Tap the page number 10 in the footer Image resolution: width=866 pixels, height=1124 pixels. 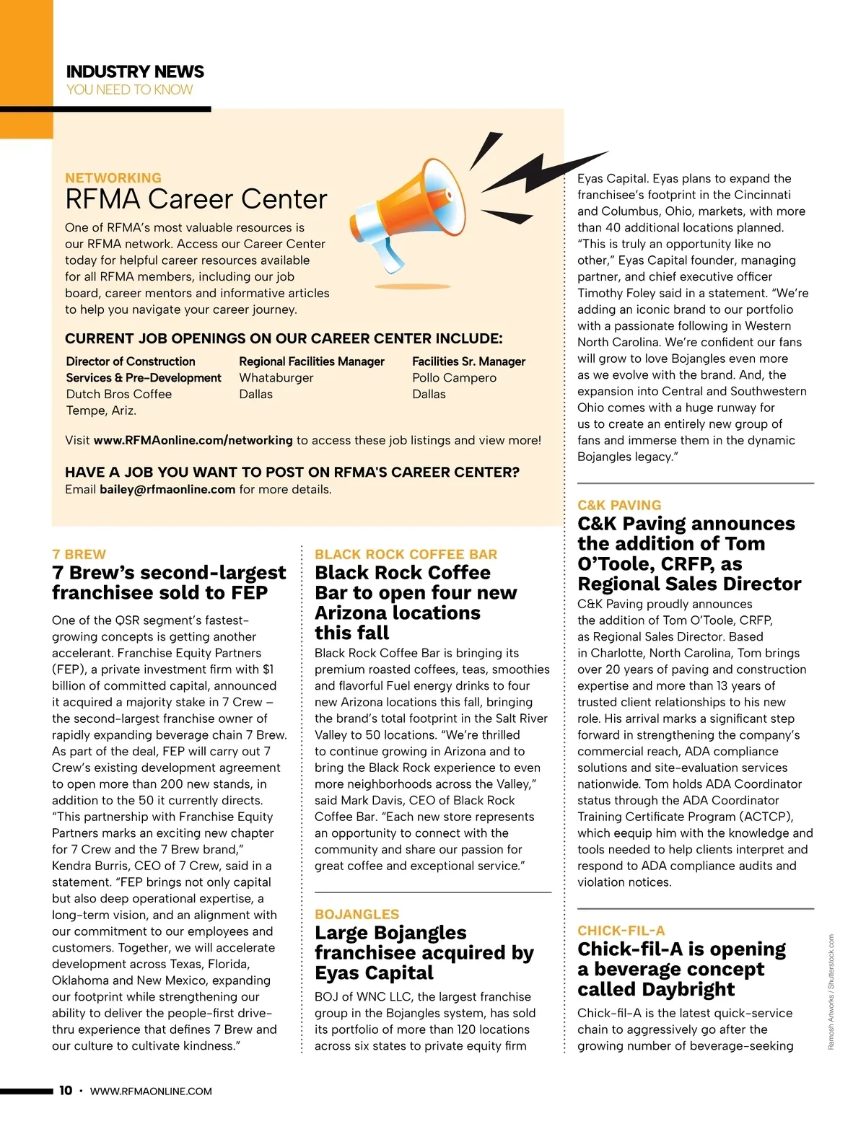pyautogui.click(x=66, y=1090)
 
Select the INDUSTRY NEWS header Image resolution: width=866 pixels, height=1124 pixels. pyautogui.click(x=135, y=71)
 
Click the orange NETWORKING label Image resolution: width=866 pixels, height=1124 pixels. pyautogui.click(x=113, y=177)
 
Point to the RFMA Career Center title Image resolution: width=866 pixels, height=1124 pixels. pyautogui.click(x=196, y=199)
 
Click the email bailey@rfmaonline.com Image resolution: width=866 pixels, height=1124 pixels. pyautogui.click(x=167, y=489)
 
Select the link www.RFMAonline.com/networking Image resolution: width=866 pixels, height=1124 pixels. pyautogui.click(x=193, y=440)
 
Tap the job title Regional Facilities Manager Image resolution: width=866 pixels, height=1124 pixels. pyautogui.click(x=312, y=361)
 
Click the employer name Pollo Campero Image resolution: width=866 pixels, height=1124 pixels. pyautogui.click(x=455, y=377)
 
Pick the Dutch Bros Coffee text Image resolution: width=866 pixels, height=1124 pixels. pyautogui.click(x=119, y=394)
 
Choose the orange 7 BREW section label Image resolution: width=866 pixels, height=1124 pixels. pyautogui.click(x=79, y=554)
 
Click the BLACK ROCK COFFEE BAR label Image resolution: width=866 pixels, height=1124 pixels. pyautogui.click(x=406, y=554)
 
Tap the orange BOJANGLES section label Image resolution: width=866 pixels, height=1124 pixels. pyautogui.click(x=357, y=914)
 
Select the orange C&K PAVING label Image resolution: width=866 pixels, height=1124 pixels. pyautogui.click(x=619, y=505)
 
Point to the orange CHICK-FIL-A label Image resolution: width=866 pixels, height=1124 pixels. pyautogui.click(x=621, y=931)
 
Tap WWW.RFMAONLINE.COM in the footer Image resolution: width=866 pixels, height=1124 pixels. pyautogui.click(x=151, y=1091)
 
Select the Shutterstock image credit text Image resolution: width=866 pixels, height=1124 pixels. pyautogui.click(x=831, y=992)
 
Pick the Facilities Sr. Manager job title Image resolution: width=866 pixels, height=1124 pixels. pyautogui.click(x=469, y=361)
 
